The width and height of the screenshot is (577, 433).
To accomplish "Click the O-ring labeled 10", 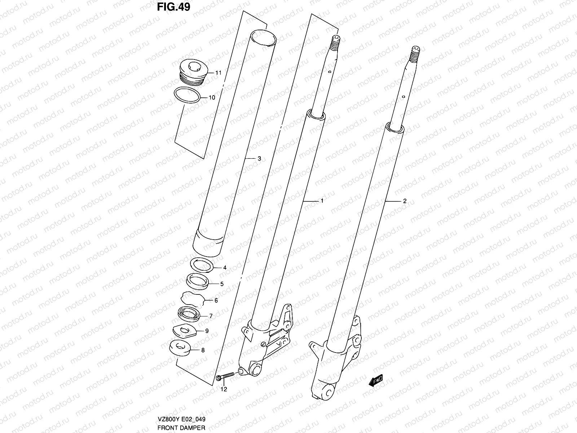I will coord(186,96).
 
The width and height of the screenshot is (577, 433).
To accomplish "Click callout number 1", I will coord(322,201).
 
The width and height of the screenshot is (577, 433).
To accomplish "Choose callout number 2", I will coord(405,201).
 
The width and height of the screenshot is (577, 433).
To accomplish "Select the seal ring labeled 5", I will coord(197,280).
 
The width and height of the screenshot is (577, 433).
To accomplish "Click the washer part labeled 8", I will coord(180,347).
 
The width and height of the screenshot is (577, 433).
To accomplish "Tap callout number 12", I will coord(224,389).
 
